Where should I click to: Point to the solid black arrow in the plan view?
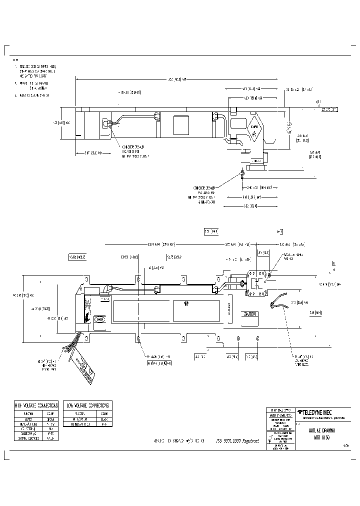point(87,317)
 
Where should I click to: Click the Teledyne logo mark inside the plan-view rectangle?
point(186,303)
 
